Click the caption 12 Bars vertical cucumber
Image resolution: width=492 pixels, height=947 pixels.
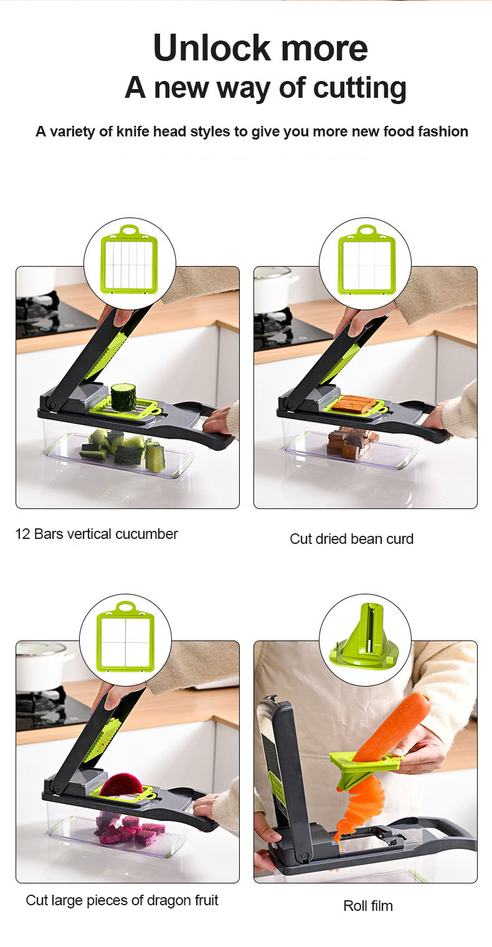click(x=97, y=534)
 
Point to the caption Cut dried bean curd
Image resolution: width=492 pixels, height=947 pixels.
click(x=351, y=539)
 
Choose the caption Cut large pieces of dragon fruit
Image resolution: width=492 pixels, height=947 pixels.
click(x=122, y=900)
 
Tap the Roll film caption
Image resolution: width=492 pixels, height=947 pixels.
click(x=368, y=906)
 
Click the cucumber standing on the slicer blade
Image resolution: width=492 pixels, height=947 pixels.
click(x=123, y=397)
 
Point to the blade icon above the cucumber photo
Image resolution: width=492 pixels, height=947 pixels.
click(x=130, y=260)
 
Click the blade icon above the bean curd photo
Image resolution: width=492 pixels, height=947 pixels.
click(x=366, y=260)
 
